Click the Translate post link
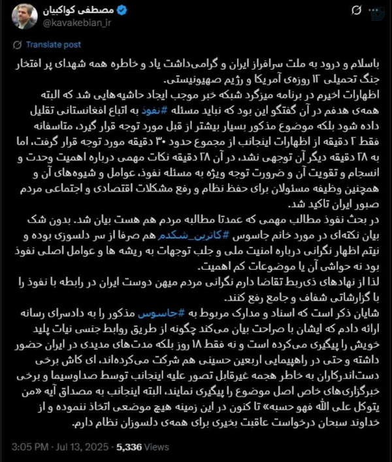49,45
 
